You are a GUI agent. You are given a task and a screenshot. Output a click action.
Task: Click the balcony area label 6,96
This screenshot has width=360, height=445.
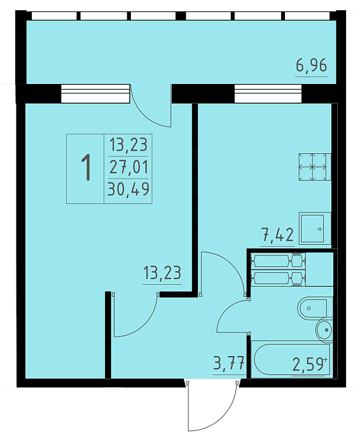(312, 65)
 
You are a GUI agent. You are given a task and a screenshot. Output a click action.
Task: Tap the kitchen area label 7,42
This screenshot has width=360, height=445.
(277, 235)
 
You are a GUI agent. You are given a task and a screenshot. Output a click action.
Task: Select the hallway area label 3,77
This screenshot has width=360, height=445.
(229, 364)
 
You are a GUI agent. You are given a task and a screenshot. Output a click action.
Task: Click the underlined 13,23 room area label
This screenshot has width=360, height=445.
(162, 273)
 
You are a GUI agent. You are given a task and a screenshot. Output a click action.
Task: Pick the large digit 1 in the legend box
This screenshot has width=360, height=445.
(86, 167)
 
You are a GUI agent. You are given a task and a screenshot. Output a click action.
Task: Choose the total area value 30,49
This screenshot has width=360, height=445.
(128, 189)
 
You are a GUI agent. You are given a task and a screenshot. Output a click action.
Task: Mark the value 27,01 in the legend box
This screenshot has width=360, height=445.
(129, 167)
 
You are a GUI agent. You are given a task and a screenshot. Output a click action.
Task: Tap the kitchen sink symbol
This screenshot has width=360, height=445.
(315, 228)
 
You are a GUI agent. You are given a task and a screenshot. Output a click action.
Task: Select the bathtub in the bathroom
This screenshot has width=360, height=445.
(292, 359)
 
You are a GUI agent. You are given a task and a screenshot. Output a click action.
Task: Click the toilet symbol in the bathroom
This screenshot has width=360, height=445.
(315, 308)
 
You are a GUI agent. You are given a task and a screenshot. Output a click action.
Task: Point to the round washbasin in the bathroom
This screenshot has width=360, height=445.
(324, 330)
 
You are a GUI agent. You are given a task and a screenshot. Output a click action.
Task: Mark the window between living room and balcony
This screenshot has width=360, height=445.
(95, 93)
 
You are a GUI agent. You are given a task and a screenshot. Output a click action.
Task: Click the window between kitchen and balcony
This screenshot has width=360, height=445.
(268, 93)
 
